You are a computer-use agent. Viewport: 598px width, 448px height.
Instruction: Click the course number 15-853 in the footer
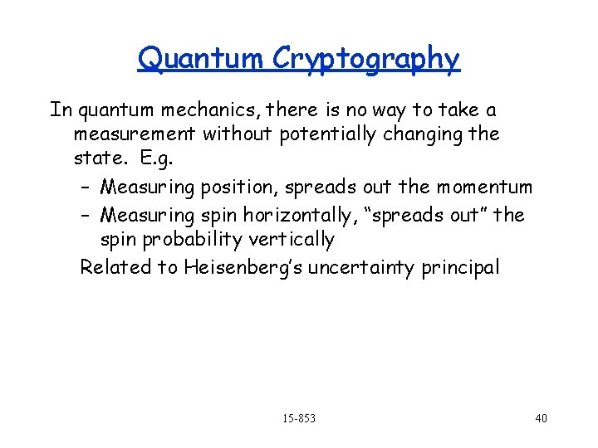[299, 418]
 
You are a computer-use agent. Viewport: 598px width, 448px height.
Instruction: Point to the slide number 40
[542, 418]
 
